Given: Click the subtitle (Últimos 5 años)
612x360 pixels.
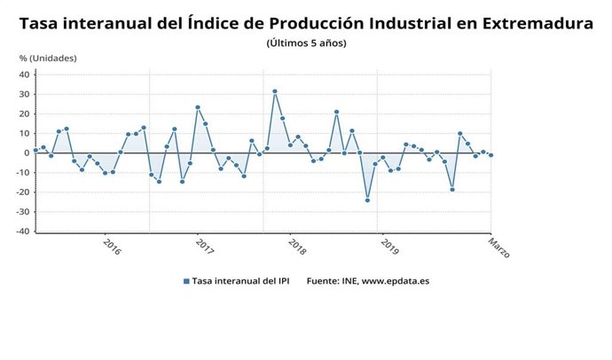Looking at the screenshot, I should pos(306,43).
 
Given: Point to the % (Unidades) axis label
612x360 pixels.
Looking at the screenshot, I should pos(49,59).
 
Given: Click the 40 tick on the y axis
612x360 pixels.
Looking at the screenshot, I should pos(26,74).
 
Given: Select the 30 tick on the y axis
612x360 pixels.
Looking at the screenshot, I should pos(26,94).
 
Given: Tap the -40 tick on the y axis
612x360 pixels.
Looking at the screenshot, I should pos(24,231).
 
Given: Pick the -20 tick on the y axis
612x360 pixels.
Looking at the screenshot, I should pos(24,192).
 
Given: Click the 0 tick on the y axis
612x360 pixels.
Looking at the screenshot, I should pos(28,153).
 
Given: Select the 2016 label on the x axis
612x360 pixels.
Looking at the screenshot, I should pos(112,246).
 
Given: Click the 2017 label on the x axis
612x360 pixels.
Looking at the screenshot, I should pos(204,246).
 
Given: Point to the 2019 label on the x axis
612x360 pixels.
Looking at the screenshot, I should pos(389,246).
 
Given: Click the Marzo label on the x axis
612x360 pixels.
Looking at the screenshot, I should pos(499,247).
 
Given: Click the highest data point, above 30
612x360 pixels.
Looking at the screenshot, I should pos(275,91).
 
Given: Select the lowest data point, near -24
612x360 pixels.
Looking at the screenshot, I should pos(367,200).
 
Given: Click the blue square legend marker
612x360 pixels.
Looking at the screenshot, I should pos(186,281).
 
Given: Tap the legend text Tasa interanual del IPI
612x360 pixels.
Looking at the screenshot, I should pos(242,281).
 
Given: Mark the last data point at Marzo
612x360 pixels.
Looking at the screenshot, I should pos(490,155).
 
